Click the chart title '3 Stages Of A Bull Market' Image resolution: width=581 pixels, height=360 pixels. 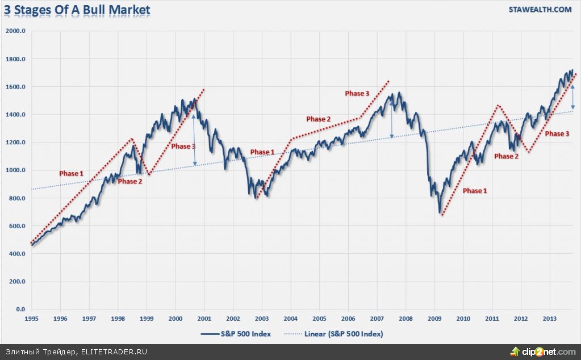[x=77, y=10]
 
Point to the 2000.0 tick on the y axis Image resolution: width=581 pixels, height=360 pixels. [x=15, y=31]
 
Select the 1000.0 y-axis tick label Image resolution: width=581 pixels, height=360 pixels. [x=15, y=170]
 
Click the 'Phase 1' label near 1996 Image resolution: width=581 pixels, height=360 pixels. [x=72, y=173]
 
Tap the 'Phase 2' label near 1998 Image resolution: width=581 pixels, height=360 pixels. [x=130, y=182]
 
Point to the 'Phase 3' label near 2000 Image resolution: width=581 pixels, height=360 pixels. [x=183, y=146]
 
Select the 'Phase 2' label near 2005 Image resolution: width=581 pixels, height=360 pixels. [x=319, y=119]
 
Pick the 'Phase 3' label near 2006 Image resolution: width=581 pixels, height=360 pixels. [x=357, y=93]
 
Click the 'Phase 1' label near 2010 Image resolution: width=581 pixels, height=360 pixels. [x=475, y=191]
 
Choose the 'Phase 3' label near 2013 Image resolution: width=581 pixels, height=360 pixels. [x=557, y=134]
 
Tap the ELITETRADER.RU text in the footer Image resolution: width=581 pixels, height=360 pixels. [x=116, y=352]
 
